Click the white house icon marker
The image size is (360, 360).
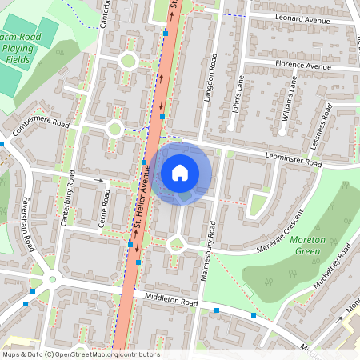click(180, 173)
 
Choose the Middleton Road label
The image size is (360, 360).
click(170, 302)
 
